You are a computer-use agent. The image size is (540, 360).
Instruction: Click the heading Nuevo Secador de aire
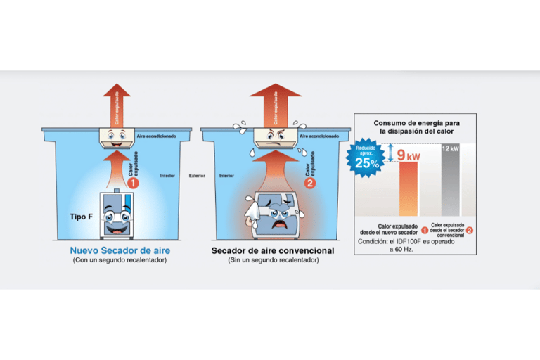click(120, 250)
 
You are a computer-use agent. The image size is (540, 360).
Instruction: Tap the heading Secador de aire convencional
click(273, 250)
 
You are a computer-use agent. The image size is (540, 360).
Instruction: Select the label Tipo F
click(81, 217)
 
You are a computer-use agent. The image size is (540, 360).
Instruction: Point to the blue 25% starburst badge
click(366, 158)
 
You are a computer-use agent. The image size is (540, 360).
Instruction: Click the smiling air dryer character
click(115, 216)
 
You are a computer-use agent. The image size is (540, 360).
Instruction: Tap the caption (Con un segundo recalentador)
click(120, 261)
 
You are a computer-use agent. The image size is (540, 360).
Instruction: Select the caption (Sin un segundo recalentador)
click(273, 261)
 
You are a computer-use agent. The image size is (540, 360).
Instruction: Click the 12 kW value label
click(451, 149)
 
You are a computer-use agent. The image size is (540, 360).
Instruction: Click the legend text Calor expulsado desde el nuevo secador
click(388, 229)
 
